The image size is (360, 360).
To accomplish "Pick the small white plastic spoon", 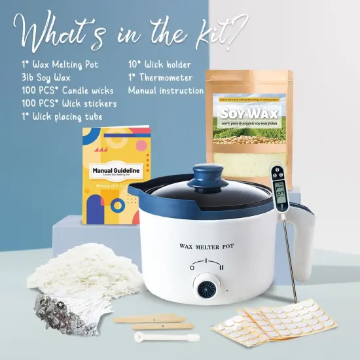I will pos(156,336).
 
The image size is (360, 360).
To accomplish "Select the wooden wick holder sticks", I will pos(153,321).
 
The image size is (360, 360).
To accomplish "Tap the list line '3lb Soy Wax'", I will pos(44,77).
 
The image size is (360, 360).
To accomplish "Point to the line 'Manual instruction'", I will pos(168,90).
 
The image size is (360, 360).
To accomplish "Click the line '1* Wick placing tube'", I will pos(61,116).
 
